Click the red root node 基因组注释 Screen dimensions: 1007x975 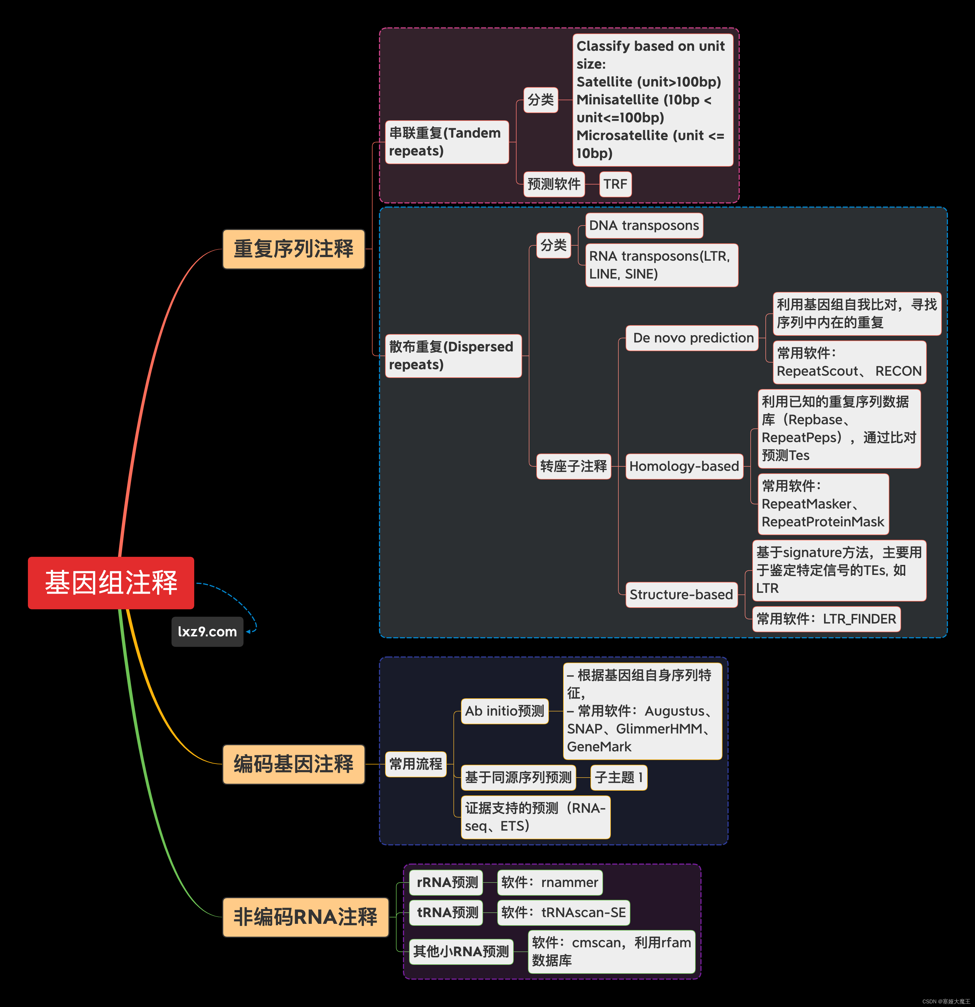(111, 582)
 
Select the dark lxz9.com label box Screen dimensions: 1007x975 (207, 631)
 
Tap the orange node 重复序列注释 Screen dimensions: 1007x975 (293, 249)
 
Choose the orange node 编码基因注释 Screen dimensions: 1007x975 (293, 764)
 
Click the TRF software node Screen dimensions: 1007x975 (615, 184)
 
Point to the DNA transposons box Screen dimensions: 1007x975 (644, 226)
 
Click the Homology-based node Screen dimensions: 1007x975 (684, 466)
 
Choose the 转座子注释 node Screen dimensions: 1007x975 (573, 466)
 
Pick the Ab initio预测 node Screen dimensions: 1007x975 (505, 711)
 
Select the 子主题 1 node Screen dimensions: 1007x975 (618, 777)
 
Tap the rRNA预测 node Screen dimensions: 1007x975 (446, 882)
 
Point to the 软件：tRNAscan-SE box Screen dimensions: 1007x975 (563, 912)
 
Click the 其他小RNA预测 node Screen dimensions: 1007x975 (461, 951)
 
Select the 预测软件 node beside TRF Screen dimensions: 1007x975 (554, 184)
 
